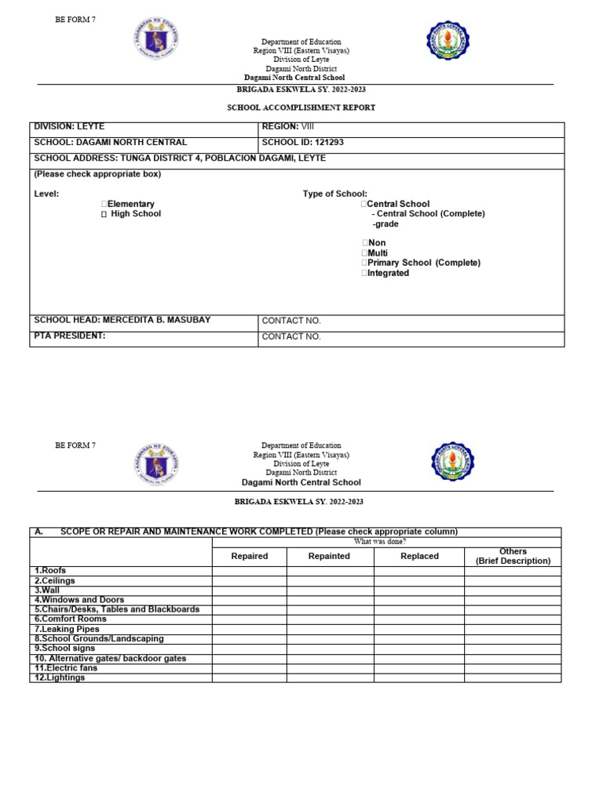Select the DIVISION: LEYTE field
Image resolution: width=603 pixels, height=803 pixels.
pos(69,127)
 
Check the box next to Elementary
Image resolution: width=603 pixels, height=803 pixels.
pos(104,204)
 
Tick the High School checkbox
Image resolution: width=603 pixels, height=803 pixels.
pos(104,214)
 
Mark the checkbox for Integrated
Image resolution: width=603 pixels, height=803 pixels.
pos(364,273)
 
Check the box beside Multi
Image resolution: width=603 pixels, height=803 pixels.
pos(364,253)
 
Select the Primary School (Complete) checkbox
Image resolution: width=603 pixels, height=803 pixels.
pos(364,263)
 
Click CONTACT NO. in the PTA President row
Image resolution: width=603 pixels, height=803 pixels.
pos(291,336)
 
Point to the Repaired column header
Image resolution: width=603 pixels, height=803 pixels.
pos(249,556)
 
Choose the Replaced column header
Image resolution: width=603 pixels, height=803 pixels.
pos(419,556)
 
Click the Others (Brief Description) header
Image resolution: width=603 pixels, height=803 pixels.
pos(513,556)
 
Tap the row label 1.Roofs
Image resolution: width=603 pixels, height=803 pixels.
pos(50,571)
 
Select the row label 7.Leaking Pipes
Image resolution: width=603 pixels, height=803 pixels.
pos(68,629)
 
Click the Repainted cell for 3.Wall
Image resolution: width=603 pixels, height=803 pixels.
pos(330,590)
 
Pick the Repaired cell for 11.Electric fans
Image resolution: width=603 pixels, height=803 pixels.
pos(249,668)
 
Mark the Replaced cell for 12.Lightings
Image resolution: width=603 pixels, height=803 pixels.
pos(419,678)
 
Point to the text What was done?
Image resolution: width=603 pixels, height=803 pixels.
pos(380,542)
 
